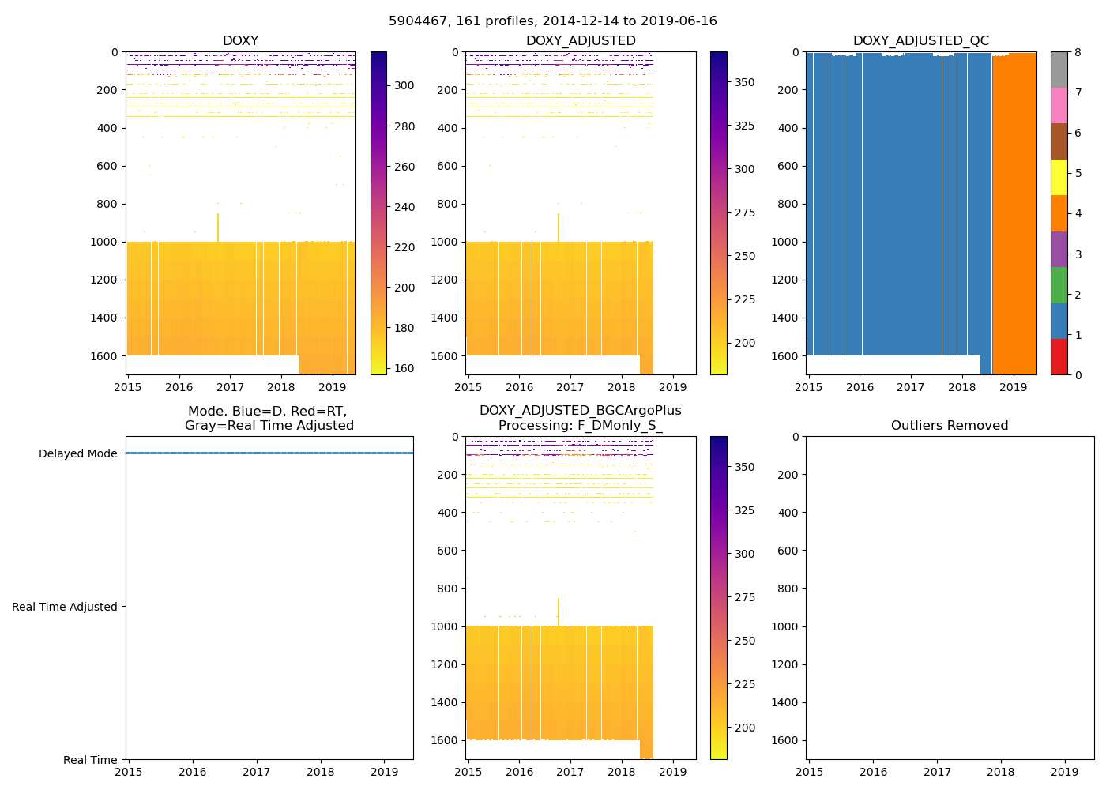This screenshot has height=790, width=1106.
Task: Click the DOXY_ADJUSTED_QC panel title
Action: coord(920,41)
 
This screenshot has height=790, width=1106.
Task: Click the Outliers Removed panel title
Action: coord(950,426)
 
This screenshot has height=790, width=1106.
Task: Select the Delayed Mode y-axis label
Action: coord(77,453)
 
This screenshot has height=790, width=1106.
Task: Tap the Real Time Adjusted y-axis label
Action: coord(64,607)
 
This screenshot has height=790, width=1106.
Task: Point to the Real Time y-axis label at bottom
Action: coord(90,760)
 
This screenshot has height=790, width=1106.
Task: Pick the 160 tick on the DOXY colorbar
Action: coord(404,368)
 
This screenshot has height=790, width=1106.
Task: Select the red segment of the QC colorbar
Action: coord(1059,357)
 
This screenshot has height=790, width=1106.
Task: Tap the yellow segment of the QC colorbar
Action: coord(1059,178)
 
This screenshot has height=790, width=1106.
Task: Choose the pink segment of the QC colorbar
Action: coord(1059,106)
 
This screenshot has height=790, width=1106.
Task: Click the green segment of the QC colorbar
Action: coord(1059,285)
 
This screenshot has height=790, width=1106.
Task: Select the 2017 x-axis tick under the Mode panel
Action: coord(257,772)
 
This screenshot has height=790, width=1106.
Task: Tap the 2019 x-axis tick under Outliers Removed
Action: coord(1064,772)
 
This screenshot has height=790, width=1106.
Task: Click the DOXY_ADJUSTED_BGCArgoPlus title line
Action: coord(580,411)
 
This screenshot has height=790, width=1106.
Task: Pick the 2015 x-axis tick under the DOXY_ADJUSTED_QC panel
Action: coord(809,387)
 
